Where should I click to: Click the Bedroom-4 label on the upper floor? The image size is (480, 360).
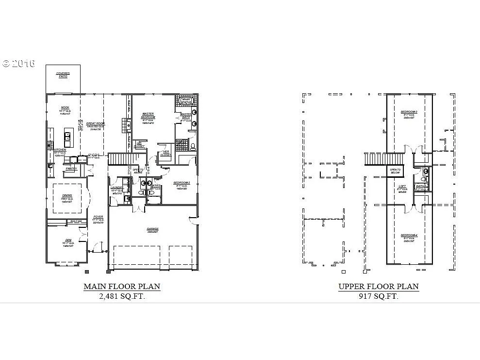coord(409,236)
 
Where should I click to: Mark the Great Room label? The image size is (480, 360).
coord(96,124)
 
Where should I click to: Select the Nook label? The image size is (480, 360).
coord(65,108)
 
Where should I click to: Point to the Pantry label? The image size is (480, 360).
coord(71,169)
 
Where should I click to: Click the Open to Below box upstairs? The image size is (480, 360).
coord(395,171)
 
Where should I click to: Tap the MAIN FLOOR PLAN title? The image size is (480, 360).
coord(122,287)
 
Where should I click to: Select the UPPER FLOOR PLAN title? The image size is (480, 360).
coord(379,287)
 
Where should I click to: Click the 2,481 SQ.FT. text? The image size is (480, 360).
coord(122,296)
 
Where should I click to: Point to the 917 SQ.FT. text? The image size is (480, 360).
coord(379,296)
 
